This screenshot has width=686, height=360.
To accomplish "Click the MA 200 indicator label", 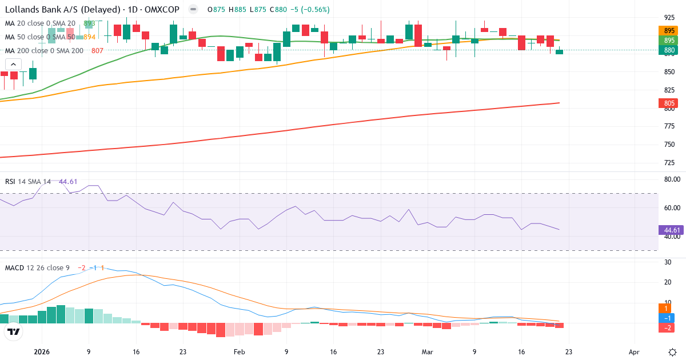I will tap(44, 50).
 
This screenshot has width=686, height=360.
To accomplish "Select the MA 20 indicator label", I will tap(40, 23).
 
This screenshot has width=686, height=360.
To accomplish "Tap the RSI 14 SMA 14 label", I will tap(28, 182).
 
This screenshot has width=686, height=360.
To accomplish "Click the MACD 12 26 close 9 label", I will tap(37, 267).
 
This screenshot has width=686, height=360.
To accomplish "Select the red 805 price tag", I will tap(669, 103).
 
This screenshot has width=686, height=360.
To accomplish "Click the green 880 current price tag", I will tap(669, 50).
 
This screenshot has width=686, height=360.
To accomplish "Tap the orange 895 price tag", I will tap(669, 31).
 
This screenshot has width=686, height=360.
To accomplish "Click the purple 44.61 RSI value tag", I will tap(670, 230).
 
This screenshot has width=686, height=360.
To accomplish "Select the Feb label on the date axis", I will tap(239, 353).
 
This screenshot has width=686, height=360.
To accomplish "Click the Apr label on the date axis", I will tap(634, 353).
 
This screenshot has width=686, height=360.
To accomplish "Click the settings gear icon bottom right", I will tap(672, 352).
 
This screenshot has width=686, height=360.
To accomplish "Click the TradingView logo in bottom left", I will tap(14, 331).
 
